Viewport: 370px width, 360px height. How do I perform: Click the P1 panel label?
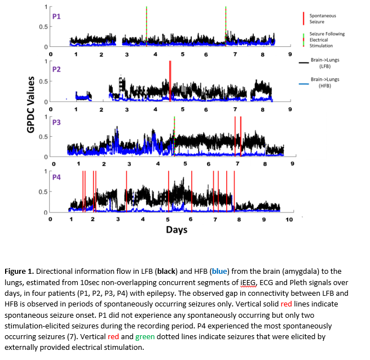[x=57, y=16]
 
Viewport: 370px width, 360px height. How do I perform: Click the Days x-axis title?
[x=177, y=229]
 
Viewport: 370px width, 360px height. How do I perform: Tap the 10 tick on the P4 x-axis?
[x=289, y=220]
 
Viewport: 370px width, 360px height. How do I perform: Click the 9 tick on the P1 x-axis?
[x=290, y=54]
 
